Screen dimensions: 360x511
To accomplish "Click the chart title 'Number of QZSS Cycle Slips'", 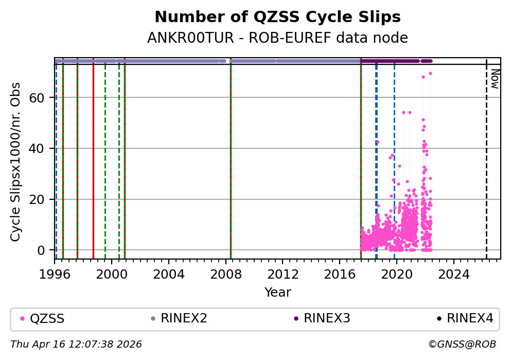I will (x=277, y=17).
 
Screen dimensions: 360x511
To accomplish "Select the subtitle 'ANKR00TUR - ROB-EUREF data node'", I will (x=277, y=38).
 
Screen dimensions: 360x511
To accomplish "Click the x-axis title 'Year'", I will (x=277, y=293).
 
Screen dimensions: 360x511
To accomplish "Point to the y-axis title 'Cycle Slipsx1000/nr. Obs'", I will (x=16, y=162).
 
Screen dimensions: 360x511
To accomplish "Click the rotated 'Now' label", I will (x=495, y=78).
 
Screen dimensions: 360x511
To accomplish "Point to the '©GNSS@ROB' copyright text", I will (x=462, y=344).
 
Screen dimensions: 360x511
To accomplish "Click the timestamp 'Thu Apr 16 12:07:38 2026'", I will (x=76, y=344).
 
